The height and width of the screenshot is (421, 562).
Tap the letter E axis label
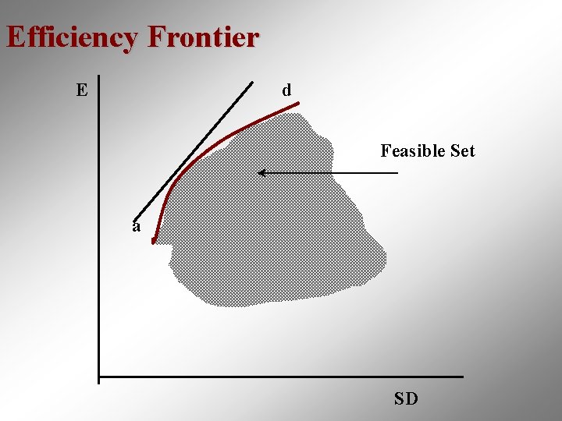(82, 90)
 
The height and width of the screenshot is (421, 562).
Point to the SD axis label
(406, 399)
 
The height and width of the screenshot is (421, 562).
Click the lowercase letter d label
(286, 90)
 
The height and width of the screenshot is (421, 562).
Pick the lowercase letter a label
(137, 227)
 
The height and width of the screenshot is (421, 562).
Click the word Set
(461, 150)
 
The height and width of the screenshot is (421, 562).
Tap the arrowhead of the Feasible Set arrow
(261, 172)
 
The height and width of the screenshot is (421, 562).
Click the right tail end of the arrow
(397, 172)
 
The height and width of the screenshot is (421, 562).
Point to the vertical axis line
(99, 234)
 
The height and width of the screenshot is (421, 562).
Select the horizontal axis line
(281, 377)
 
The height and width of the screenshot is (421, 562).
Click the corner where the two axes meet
(99, 377)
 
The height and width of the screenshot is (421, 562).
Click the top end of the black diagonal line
(253, 81)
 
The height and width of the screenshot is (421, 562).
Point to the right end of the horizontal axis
(462, 377)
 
